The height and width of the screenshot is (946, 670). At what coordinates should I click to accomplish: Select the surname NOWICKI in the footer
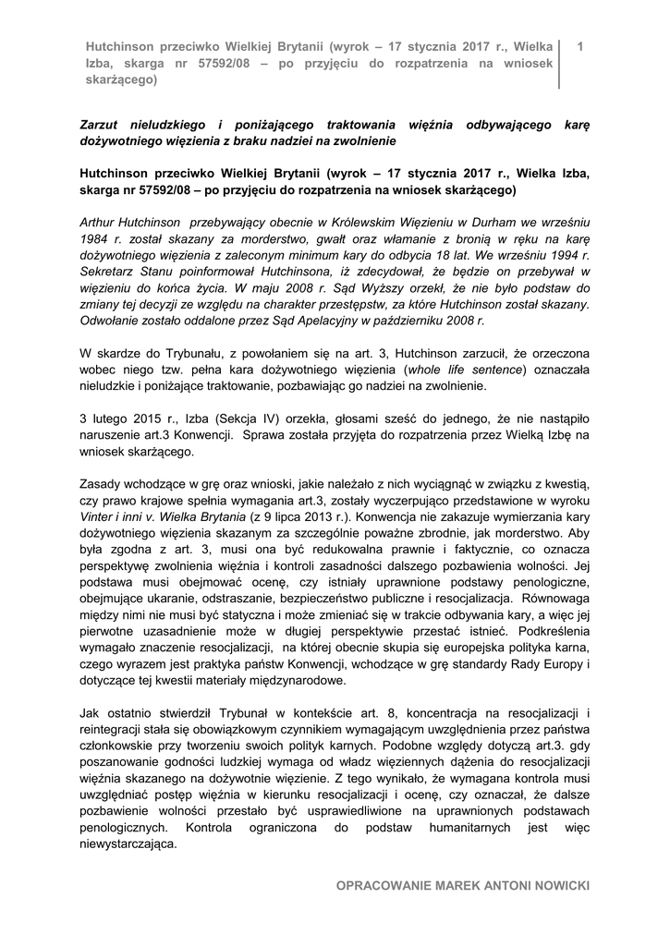[x=556, y=886]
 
